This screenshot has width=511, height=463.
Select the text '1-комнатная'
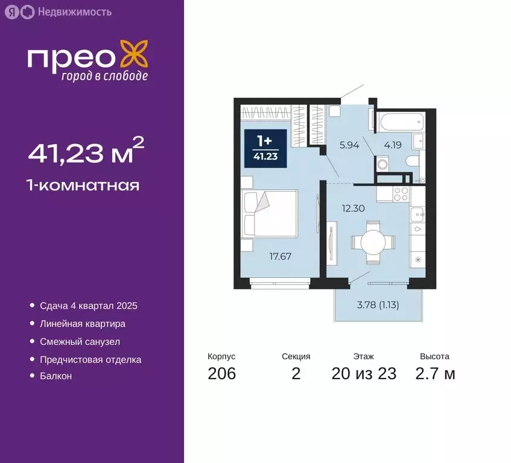(83, 185)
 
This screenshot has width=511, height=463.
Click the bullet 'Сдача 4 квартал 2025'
(88, 306)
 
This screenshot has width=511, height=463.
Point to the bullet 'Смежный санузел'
(80, 341)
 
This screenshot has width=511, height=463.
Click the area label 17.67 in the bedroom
(280, 256)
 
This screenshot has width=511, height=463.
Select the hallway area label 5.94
(349, 144)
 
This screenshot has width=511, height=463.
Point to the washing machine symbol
(382, 164)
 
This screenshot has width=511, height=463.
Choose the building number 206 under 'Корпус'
(221, 374)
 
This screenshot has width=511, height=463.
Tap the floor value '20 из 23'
(364, 374)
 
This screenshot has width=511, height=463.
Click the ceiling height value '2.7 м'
(434, 374)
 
